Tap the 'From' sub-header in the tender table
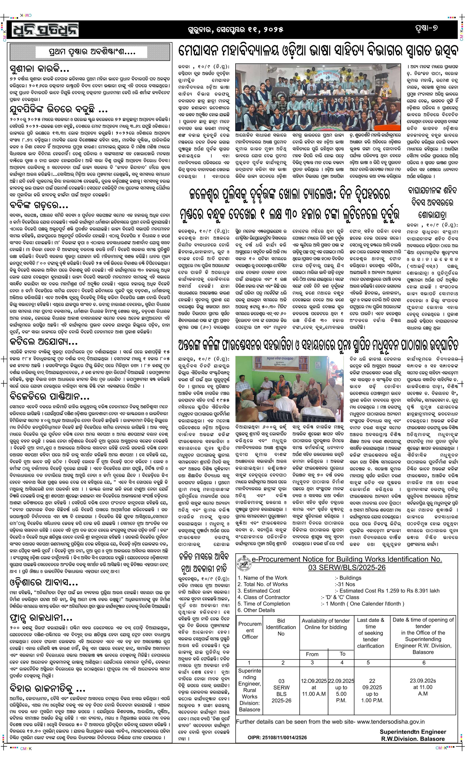[x=312, y=654]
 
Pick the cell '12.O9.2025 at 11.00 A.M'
[x=313, y=686]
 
